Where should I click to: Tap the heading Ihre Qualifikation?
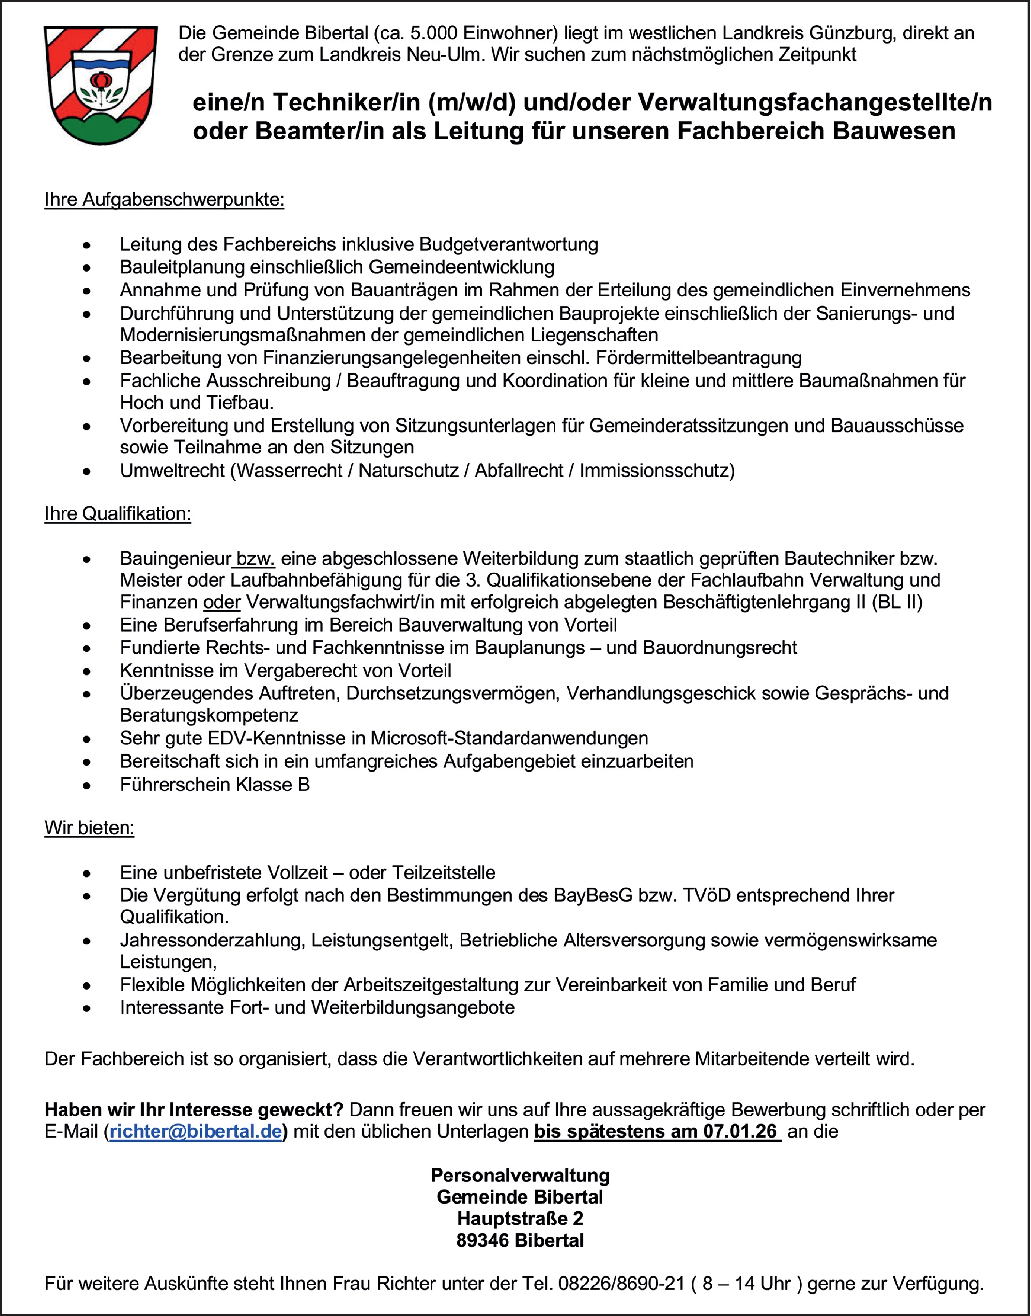click(x=118, y=514)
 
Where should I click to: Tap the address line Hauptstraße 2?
click(x=520, y=1218)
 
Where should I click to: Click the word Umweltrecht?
click(x=172, y=470)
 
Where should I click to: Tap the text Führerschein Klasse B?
click(x=215, y=784)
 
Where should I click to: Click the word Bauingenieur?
click(x=175, y=558)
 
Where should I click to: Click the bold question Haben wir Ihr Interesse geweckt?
click(x=194, y=1109)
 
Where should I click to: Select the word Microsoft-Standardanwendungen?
click(x=509, y=738)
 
